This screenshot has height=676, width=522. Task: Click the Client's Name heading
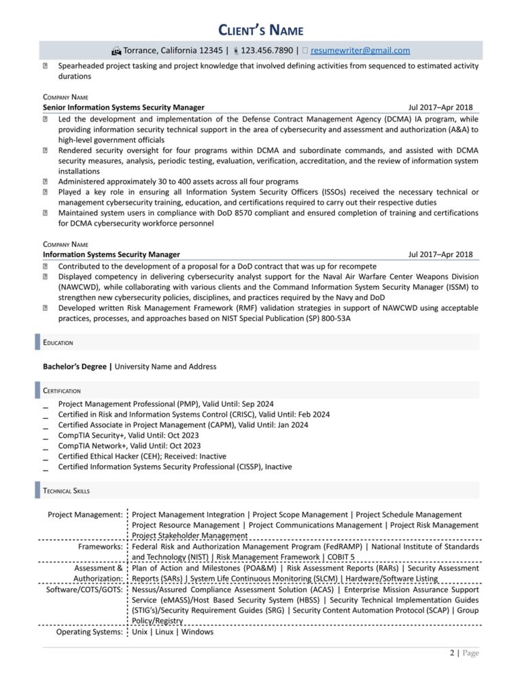tap(260, 30)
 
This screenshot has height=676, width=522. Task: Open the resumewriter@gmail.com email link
tap(360, 50)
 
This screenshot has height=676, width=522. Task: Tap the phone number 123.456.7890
tap(267, 50)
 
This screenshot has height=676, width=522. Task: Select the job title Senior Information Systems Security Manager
tap(123, 107)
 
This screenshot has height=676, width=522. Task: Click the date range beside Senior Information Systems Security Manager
tap(440, 107)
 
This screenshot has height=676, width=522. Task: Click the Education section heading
tap(58, 343)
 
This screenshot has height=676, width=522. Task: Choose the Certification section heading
tap(62, 391)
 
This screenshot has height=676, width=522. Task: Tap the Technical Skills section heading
tap(66, 491)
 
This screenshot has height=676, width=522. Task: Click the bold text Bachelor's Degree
tap(75, 367)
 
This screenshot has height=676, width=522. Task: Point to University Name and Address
tap(166, 367)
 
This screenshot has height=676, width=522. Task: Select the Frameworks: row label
tap(100, 547)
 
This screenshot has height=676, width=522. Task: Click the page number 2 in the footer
tap(452, 654)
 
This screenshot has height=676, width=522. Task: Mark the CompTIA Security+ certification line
tap(128, 435)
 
